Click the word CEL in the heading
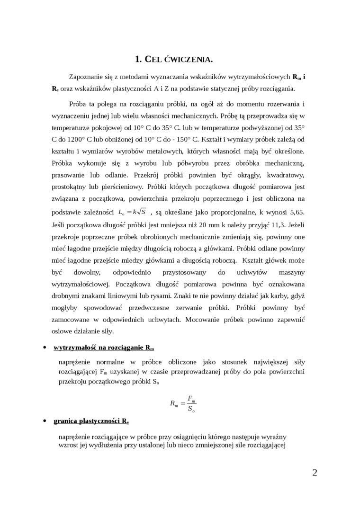tap(153, 59)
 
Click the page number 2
tap(315, 472)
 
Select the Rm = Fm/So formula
tap(183, 404)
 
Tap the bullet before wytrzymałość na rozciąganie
tap(44, 348)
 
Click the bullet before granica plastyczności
tap(44, 420)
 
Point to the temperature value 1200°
tap(74, 140)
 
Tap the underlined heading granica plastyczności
tap(91, 420)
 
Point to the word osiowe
tap(62, 331)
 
